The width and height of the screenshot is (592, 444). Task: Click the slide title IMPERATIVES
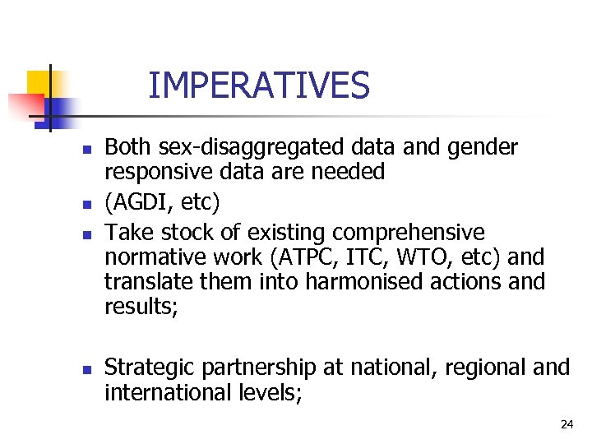(x=259, y=86)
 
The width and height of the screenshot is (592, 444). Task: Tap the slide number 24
(x=566, y=424)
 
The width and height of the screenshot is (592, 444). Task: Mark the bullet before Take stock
(x=84, y=235)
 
